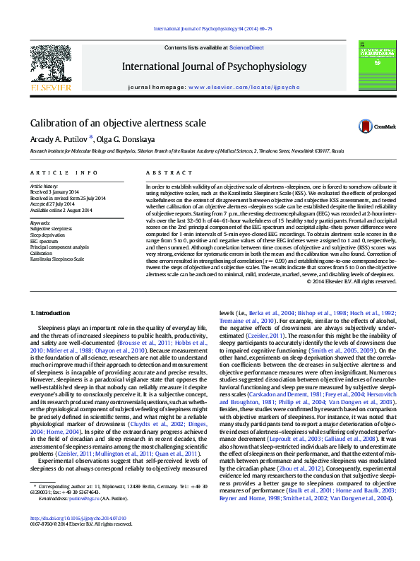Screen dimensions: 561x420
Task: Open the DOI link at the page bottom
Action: (78, 538)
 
